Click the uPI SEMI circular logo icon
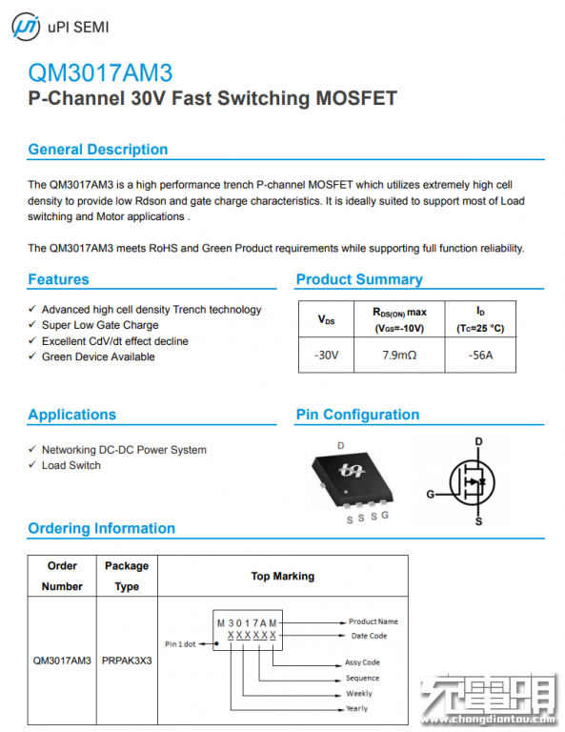(26, 27)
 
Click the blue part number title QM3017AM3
(100, 72)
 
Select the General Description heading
(98, 150)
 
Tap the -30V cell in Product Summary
(326, 356)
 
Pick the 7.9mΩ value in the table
(399, 356)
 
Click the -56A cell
(480, 356)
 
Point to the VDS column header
(326, 320)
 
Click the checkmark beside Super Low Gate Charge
(32, 324)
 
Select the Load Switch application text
(71, 465)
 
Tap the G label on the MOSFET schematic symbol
(430, 494)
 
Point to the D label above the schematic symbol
(478, 441)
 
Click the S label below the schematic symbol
(478, 521)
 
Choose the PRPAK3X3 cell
(127, 661)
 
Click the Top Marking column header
(283, 576)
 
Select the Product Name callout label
(373, 621)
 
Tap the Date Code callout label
(369, 636)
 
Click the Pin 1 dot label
(180, 644)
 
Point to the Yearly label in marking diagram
(357, 708)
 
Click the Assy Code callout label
(362, 662)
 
